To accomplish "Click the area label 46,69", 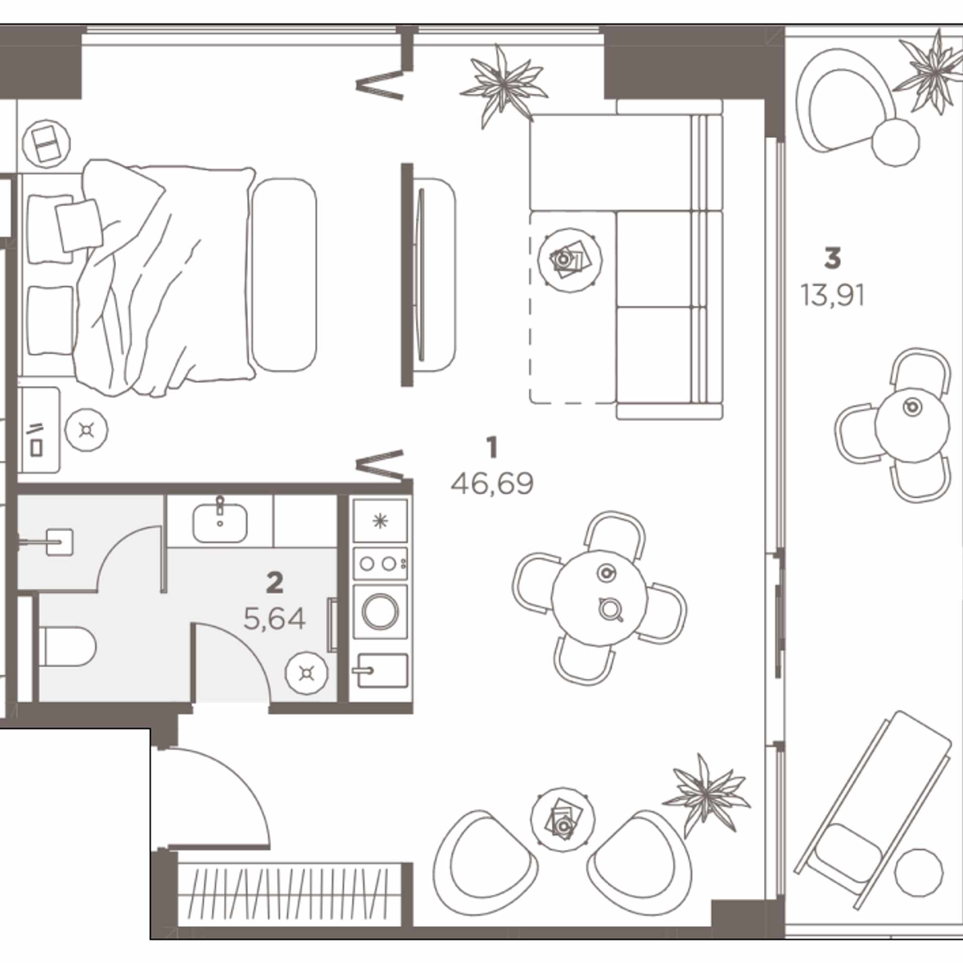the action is pos(492,484).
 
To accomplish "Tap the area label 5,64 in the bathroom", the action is pos(274,619).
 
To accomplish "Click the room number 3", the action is pos(832,258).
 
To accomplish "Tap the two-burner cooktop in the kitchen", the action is pos(380,564).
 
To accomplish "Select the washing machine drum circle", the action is pos(380,612).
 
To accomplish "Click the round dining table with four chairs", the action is pos(599,598).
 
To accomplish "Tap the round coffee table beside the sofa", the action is pos(570,260).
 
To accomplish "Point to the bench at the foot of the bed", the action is pos(284,275).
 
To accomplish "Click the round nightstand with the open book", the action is pos(46,143).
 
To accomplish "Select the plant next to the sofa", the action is pos(503,86).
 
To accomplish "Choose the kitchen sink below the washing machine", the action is pos(380,670).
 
